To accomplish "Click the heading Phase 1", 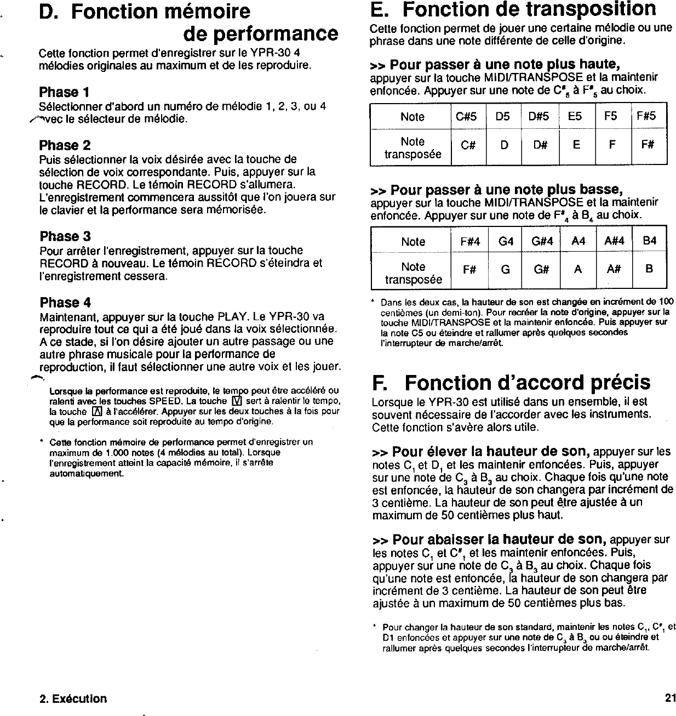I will pos(65,92).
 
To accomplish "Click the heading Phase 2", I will pos(65,145).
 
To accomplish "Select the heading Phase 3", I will pos(65,236).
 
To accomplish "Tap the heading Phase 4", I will pos(65,303).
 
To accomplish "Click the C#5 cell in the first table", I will pos(467,116).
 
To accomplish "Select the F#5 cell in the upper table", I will pos(649,116).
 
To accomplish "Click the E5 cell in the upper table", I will pos(576,116).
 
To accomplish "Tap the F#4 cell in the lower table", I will pos(469,241).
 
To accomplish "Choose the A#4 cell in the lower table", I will pos(614,241).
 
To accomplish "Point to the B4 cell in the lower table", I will pos(649,241).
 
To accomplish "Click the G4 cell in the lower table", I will pos(505,241).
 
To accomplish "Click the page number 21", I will pos(670,698).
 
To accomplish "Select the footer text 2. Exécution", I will pos(73,698).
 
